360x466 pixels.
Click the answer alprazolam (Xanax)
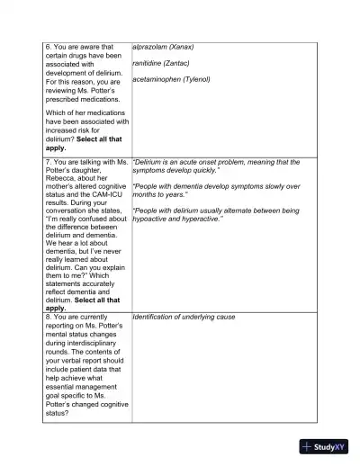(163, 47)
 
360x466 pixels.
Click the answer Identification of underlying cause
(184, 317)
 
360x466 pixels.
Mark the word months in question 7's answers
(145, 194)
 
